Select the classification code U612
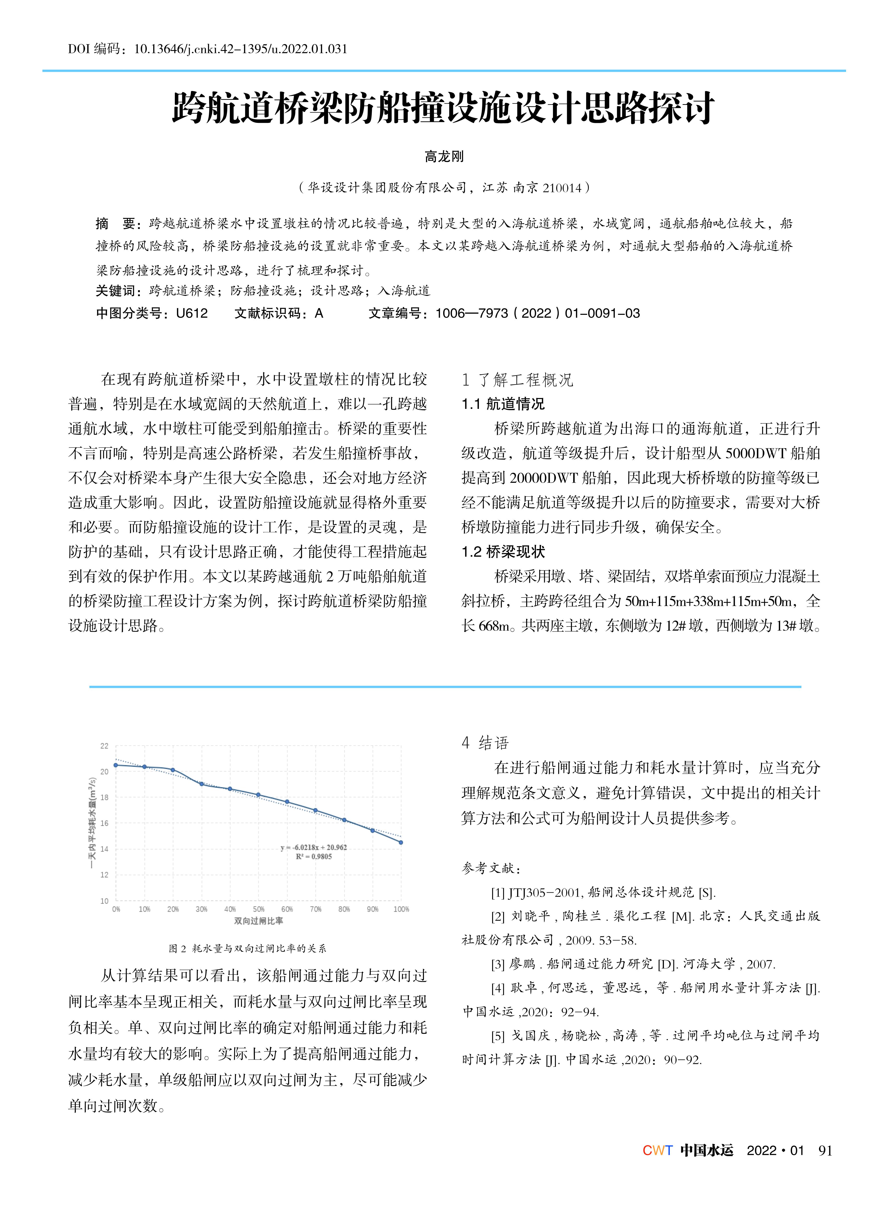(x=192, y=313)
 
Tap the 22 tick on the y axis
(x=104, y=746)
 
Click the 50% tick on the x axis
(x=259, y=909)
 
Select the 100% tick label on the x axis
(x=401, y=909)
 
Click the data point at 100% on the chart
(x=401, y=842)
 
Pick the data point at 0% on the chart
(x=116, y=765)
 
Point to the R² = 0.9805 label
(x=314, y=856)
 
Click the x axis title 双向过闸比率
(x=259, y=921)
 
